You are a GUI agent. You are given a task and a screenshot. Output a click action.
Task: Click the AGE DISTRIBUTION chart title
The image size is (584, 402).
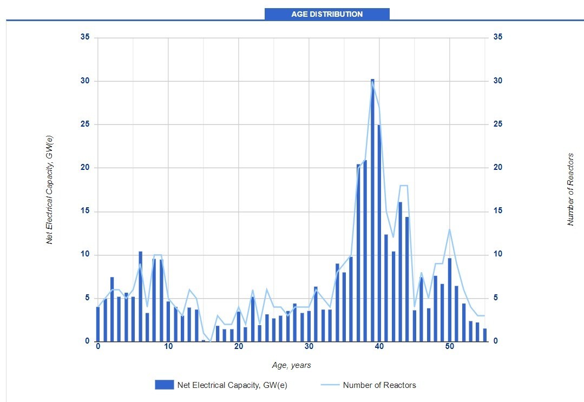point(327,14)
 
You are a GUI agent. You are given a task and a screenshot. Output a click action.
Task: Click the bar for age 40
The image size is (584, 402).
point(379,233)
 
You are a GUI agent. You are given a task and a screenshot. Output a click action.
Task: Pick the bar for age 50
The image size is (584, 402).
point(449,300)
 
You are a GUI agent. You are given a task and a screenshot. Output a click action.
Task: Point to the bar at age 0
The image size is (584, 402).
point(98,324)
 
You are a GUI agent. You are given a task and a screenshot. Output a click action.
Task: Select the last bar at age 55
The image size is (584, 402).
point(485,335)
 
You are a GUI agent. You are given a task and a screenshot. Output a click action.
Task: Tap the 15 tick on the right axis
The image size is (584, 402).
point(497,212)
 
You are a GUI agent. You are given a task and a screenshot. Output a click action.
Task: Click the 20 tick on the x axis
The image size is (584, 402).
point(239,347)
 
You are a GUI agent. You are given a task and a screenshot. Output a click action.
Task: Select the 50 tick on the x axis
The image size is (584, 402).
point(449,347)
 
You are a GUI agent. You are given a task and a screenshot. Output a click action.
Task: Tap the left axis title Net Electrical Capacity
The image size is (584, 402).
point(50,189)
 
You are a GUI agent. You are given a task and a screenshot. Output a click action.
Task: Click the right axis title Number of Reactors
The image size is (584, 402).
point(570,189)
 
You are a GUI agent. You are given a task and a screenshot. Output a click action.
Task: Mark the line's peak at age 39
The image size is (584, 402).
point(372,82)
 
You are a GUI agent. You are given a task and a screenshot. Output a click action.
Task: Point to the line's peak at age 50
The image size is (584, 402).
point(449,229)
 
